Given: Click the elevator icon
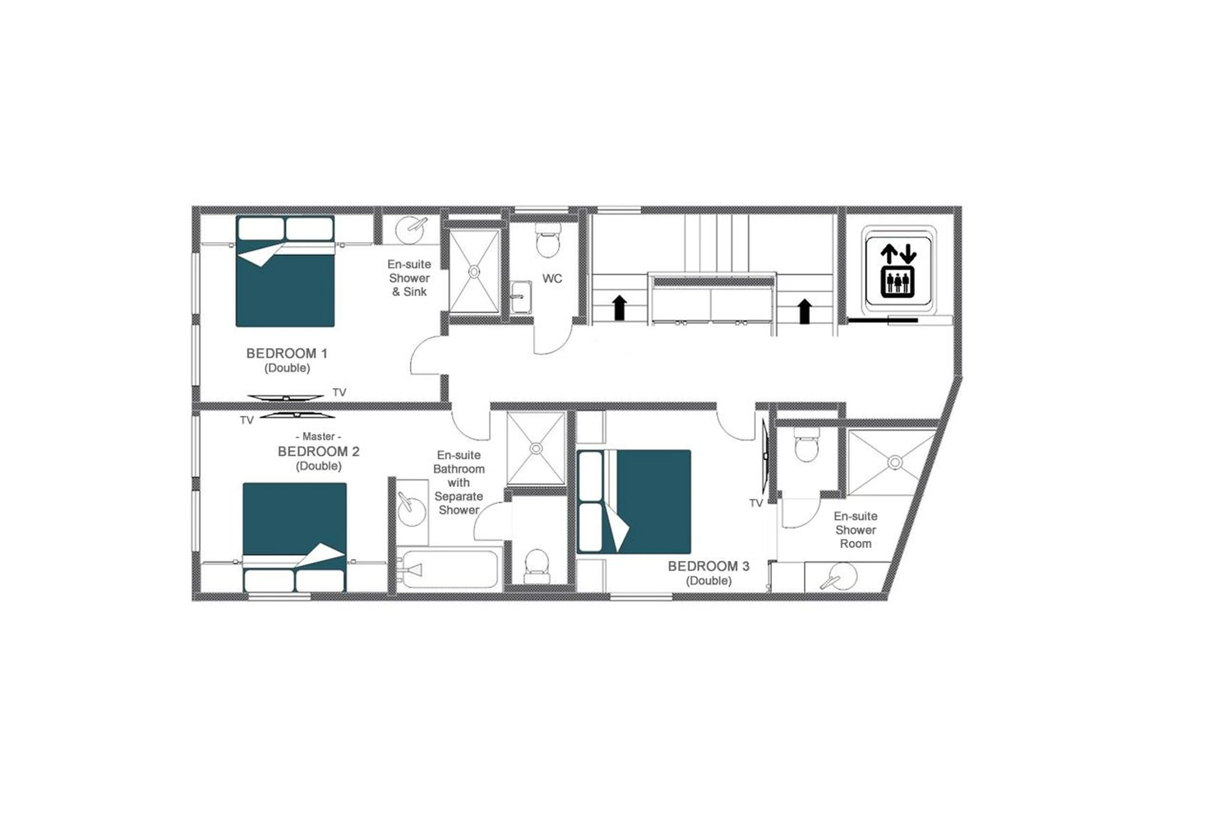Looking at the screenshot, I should point(897,267).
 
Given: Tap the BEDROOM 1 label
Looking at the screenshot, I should point(286,353).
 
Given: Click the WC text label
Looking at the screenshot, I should point(552,279).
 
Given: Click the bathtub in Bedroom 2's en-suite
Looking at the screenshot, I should point(449,569).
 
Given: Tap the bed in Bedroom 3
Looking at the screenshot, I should point(634,502).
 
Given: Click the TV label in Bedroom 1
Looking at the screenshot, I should point(339,393).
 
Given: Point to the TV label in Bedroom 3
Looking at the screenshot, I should point(755,503).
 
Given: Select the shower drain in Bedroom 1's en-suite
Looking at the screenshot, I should point(474,271).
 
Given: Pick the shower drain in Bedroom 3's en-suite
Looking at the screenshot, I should point(894,462).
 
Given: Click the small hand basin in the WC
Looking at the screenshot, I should point(520,297).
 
